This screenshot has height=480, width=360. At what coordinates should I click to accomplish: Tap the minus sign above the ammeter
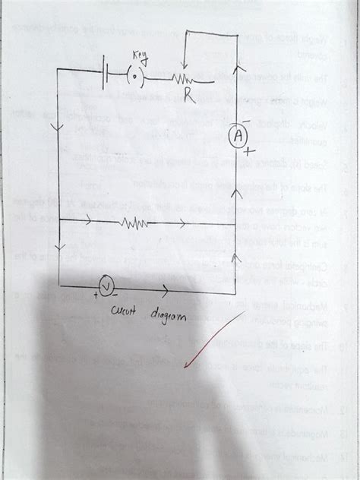(247, 121)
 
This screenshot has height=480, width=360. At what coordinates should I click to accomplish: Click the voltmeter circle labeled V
(107, 286)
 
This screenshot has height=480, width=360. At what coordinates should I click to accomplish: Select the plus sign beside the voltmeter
(96, 294)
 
